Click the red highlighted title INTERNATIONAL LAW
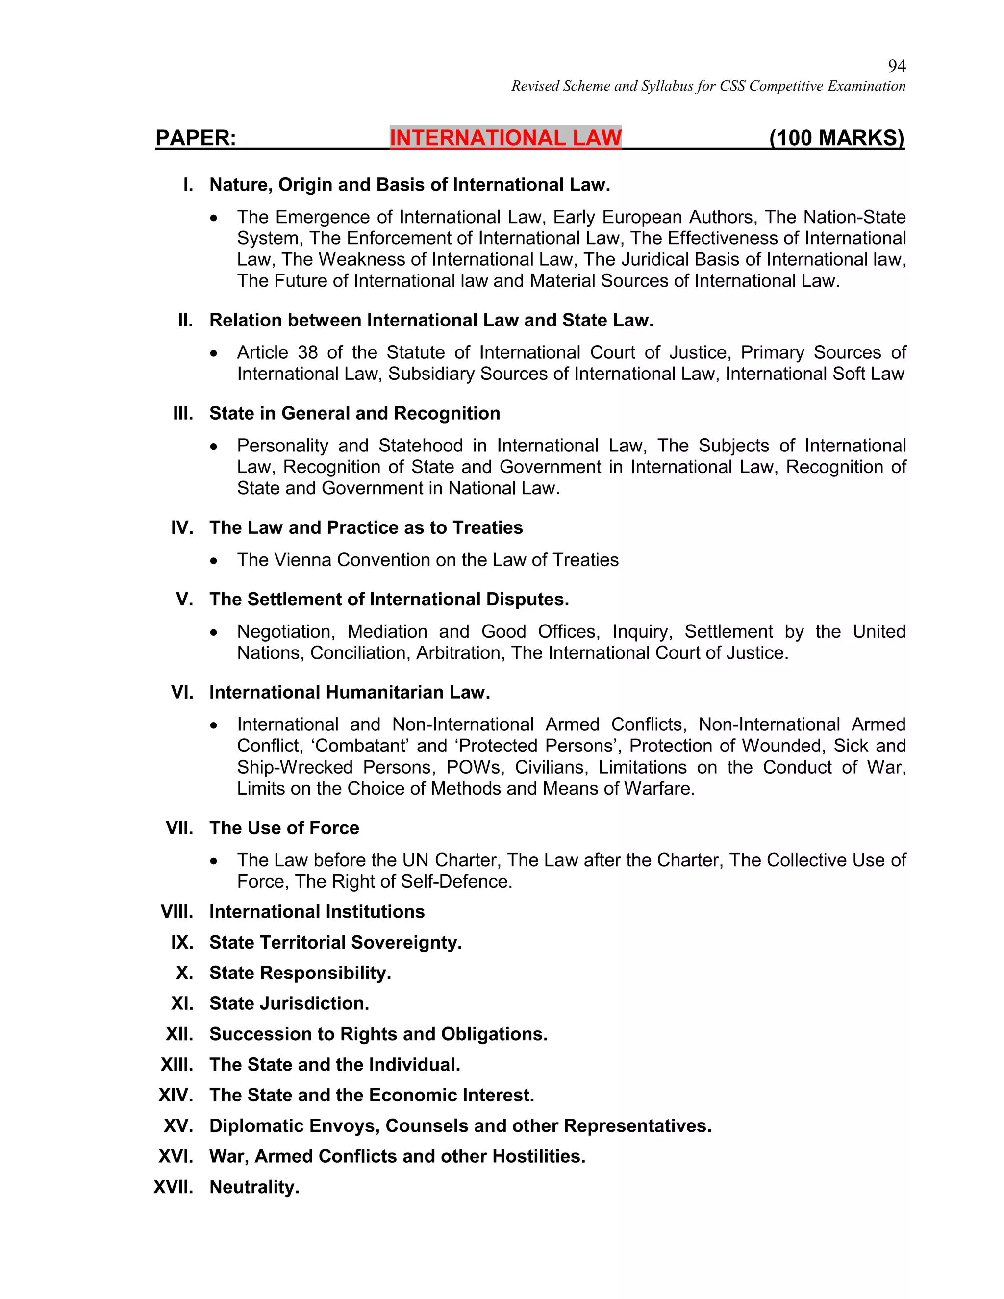click(505, 138)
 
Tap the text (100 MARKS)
click(836, 138)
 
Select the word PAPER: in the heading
click(196, 138)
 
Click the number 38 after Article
click(307, 353)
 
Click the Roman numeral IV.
click(181, 528)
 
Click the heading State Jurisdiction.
click(289, 1004)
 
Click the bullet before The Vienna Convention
click(214, 561)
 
